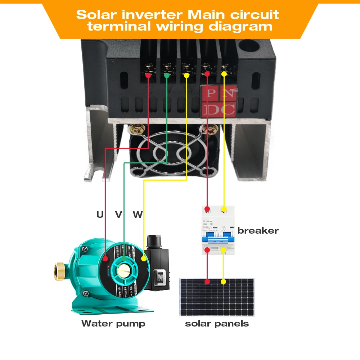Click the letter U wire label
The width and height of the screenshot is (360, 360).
(100, 215)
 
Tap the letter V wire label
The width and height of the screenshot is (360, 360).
(118, 215)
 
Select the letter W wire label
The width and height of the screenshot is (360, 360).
(138, 215)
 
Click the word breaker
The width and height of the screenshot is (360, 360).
(258, 231)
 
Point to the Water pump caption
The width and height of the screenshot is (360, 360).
(113, 323)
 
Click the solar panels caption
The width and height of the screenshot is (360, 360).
(217, 323)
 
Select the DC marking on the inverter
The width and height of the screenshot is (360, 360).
(219, 109)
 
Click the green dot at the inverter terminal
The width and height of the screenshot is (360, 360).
(166, 76)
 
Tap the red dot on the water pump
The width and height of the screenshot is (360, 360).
(105, 258)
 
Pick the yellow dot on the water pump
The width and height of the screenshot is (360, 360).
(144, 258)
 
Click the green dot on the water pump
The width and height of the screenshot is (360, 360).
(124, 258)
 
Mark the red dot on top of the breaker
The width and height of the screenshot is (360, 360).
(207, 209)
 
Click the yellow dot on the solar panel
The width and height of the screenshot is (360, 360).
(224, 282)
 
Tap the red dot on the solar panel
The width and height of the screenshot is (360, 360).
(207, 282)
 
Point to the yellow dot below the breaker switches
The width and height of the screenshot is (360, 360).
(224, 249)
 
